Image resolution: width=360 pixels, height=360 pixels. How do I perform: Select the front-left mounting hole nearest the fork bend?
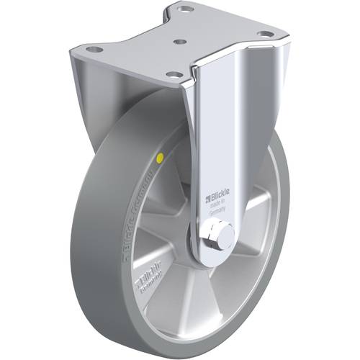(173, 73)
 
